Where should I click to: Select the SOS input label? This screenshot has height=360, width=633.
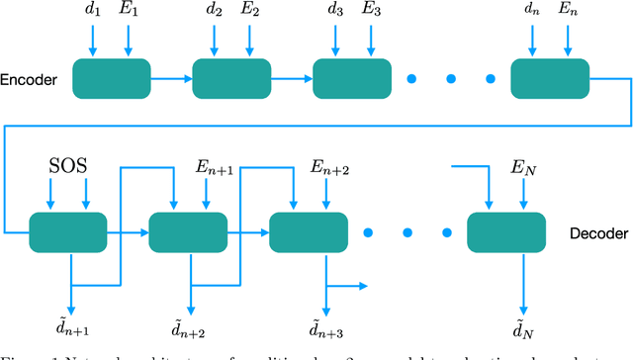coord(68,162)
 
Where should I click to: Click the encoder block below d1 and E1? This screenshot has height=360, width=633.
coord(111,77)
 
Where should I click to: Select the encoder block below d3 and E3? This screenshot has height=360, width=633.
coord(353,77)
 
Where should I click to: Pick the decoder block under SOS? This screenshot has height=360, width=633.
coord(68,233)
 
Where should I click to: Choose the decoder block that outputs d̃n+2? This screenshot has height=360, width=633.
coord(188,233)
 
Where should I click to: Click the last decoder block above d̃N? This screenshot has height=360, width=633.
coord(506,233)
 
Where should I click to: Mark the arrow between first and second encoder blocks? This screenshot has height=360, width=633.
coord(170,77)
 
